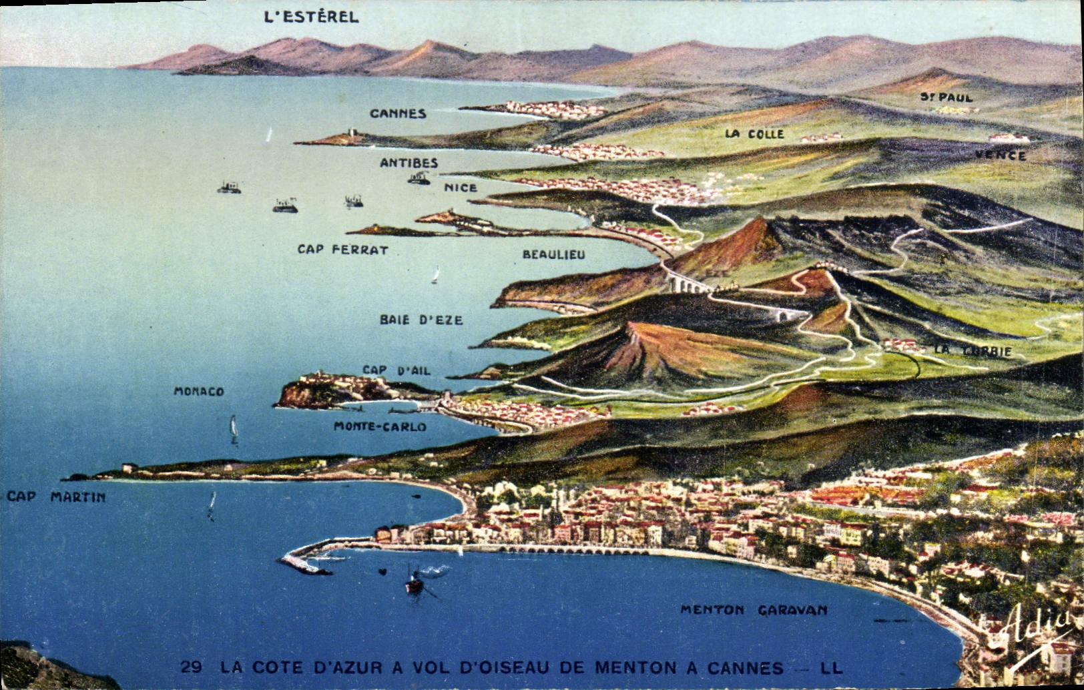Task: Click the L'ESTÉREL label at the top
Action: click(x=311, y=17)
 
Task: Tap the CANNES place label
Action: click(x=398, y=113)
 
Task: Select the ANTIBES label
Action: click(x=409, y=163)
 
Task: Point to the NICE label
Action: click(x=461, y=188)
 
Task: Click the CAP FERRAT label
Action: click(x=342, y=250)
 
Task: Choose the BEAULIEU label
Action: click(x=553, y=254)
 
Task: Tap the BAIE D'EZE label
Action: click(x=421, y=320)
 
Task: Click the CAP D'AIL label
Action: click(x=396, y=370)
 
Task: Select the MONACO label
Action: click(x=198, y=392)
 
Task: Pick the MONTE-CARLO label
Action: click(x=380, y=426)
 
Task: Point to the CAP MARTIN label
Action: click(x=56, y=497)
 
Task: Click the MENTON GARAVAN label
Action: click(x=754, y=610)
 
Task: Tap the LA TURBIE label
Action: click(x=973, y=351)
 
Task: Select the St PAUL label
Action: click(x=946, y=97)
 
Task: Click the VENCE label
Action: click(x=1000, y=155)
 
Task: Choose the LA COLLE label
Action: click(x=754, y=134)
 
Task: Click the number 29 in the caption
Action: click(x=192, y=667)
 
